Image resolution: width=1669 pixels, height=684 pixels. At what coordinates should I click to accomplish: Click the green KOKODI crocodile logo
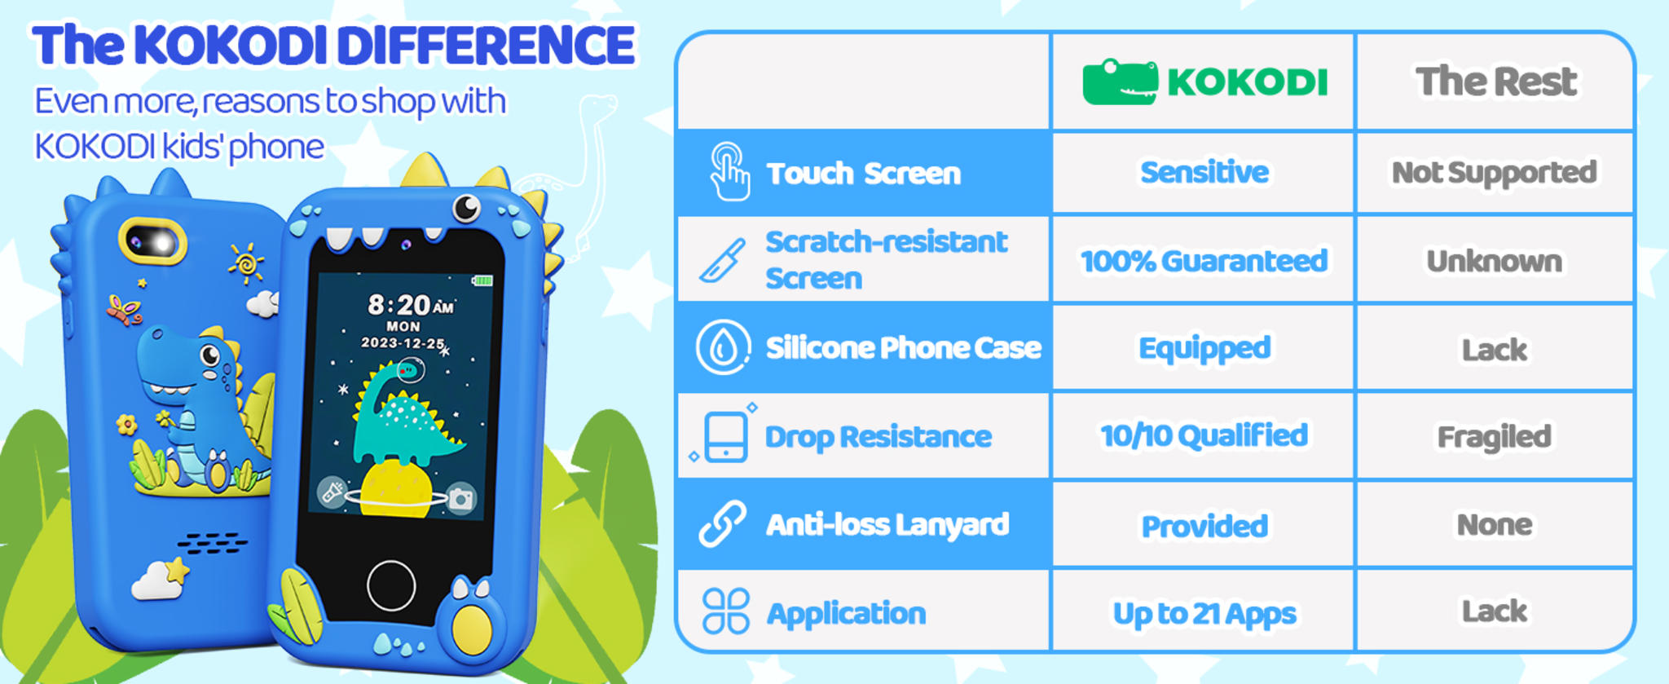(x=1120, y=82)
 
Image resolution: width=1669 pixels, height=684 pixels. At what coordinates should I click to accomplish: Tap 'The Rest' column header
(x=1495, y=82)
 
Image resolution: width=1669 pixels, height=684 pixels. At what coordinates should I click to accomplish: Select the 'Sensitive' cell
(x=1204, y=172)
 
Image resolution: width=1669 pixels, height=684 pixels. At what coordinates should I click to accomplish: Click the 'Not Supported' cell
(x=1494, y=173)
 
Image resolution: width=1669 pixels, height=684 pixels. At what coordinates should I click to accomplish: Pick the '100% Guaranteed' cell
(x=1204, y=261)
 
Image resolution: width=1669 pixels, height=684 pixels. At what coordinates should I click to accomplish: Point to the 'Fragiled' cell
(x=1494, y=437)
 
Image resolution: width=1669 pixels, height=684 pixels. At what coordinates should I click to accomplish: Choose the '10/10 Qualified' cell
(x=1204, y=436)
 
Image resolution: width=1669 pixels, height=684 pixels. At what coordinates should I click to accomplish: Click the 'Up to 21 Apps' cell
(x=1204, y=613)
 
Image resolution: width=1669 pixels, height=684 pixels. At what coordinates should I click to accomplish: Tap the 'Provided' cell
(x=1204, y=526)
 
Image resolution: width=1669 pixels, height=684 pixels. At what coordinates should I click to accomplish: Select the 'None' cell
(x=1494, y=524)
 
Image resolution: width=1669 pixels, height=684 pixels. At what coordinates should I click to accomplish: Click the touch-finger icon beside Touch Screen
(x=729, y=171)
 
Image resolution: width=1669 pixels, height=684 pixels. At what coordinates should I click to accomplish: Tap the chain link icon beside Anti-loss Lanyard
(x=722, y=523)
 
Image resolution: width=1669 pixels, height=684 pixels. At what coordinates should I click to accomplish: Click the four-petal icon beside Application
(x=725, y=611)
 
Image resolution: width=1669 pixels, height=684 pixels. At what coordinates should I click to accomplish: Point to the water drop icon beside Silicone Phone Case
(x=722, y=347)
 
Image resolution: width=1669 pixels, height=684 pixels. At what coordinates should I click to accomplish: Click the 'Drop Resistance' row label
(x=878, y=437)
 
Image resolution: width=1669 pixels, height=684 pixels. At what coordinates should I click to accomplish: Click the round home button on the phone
(x=391, y=585)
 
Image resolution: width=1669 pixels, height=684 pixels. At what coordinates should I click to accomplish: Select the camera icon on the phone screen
(x=461, y=498)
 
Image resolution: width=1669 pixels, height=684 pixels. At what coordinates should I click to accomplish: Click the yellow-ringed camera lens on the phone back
(x=153, y=241)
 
